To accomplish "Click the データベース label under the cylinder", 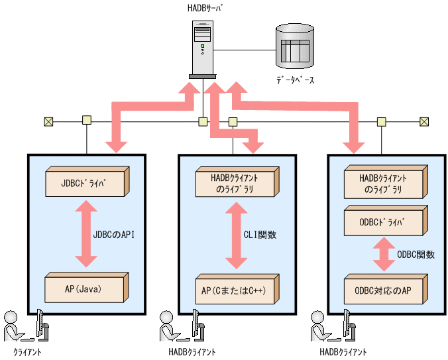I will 295,80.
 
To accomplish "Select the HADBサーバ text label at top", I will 202,8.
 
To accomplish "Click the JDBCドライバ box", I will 85,182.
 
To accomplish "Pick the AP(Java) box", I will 85,288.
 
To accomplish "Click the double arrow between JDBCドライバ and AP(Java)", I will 85,235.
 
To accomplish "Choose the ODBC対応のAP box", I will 384,289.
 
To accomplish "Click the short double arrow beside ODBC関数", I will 384,255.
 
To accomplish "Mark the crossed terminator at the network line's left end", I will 48,121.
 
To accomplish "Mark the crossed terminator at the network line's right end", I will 424,121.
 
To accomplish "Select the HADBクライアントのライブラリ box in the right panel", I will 384,183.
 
